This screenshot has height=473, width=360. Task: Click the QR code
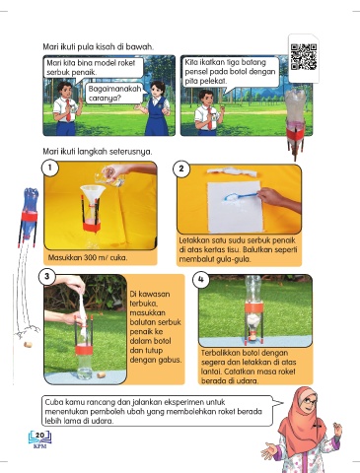pos(304,57)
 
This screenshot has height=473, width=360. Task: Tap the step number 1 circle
pos(49,168)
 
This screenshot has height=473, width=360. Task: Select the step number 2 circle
pos(181,169)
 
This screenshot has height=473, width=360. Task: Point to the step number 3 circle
pos(46,276)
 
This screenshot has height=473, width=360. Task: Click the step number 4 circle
pos(201,279)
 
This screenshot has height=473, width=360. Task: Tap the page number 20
pos(39,436)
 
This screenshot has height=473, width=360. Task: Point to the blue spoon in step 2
pos(242,196)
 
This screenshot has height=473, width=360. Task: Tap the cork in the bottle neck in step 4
pos(252,337)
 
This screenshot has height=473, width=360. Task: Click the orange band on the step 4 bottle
pos(252,308)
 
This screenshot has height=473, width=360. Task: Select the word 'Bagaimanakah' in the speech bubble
pos(114,89)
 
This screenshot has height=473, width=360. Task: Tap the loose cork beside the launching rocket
pos(28,345)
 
